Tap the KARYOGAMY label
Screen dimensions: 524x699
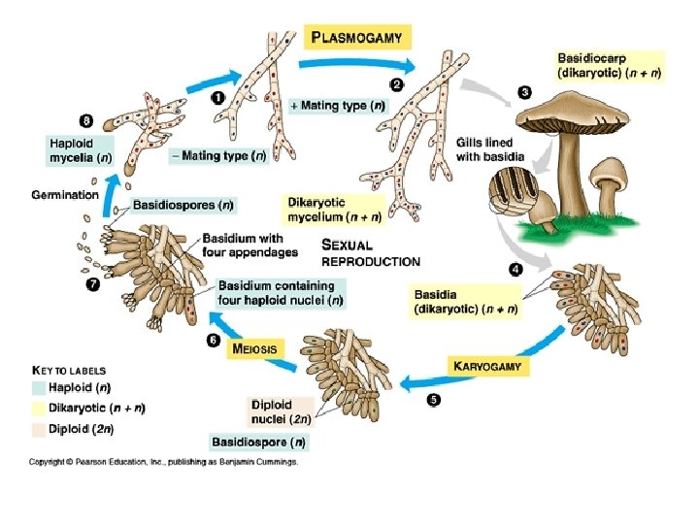tap(488, 367)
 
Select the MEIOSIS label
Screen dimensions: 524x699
tap(254, 347)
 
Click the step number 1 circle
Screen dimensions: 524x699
tap(216, 97)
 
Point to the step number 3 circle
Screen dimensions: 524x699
tap(524, 92)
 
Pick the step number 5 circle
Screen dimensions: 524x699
tap(433, 399)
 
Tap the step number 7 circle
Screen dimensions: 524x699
tap(93, 284)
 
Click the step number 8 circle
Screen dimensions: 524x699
tap(86, 122)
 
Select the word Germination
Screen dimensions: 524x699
tap(65, 195)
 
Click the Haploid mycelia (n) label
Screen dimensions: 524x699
tap(81, 150)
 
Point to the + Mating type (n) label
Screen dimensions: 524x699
tap(339, 105)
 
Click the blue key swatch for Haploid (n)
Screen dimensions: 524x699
tap(40, 388)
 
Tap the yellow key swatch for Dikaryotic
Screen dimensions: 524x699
tap(40, 408)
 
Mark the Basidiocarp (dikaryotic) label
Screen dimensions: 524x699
tap(609, 66)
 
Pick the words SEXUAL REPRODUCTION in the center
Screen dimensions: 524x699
tap(370, 253)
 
